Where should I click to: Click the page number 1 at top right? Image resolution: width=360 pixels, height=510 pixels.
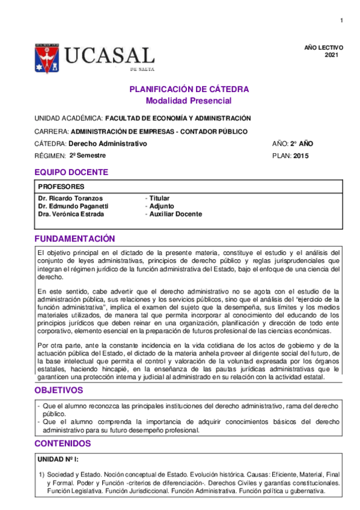click(x=341, y=22)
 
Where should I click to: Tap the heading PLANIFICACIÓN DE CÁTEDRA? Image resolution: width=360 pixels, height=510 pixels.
click(x=189, y=89)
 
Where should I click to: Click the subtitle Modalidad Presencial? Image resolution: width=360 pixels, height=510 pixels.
click(x=189, y=100)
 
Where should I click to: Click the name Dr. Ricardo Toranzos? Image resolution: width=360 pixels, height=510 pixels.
click(x=70, y=198)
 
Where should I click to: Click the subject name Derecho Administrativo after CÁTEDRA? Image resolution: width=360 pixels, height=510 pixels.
click(x=108, y=144)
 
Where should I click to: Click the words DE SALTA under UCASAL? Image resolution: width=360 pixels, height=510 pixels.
click(x=142, y=70)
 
